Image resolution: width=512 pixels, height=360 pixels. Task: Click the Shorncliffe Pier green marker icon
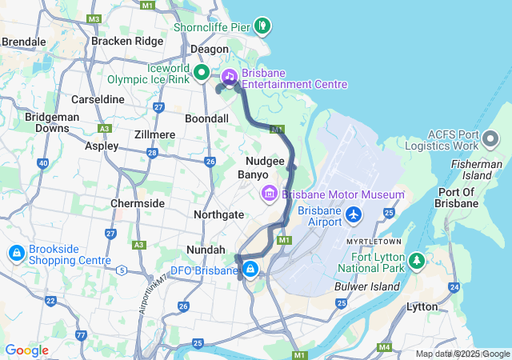click(262, 26)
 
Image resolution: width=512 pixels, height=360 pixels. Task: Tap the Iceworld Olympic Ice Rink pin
click(202, 74)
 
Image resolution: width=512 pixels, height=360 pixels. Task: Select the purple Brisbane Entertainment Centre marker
click(229, 77)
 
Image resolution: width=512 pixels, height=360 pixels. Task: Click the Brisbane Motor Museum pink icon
click(267, 194)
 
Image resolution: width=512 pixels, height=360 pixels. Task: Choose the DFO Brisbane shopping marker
click(251, 269)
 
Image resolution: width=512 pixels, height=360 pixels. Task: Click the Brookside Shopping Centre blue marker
click(15, 254)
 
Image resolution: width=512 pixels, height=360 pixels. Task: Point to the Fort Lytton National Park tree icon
click(416, 261)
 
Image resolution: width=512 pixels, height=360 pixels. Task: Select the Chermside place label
click(137, 203)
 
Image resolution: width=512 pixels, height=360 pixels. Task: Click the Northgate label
click(218, 214)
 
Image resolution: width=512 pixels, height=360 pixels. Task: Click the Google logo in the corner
click(26, 350)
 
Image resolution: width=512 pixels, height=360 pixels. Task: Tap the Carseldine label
click(98, 99)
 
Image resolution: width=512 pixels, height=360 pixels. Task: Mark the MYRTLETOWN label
click(374, 241)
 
